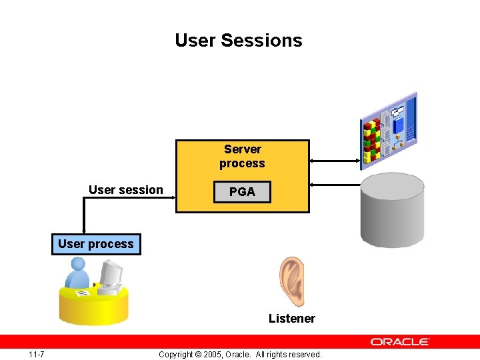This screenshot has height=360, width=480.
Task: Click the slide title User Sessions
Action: (x=239, y=41)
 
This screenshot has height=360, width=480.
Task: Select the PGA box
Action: (x=242, y=192)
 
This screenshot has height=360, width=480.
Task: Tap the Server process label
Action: (x=242, y=156)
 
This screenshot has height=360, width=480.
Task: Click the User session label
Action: (x=125, y=190)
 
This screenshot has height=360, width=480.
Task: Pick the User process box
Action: (x=96, y=244)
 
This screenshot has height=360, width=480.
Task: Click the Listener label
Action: (x=291, y=319)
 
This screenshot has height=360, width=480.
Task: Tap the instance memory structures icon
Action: (x=389, y=130)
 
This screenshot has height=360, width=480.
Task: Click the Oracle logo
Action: (x=400, y=341)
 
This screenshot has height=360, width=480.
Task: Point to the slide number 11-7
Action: (x=36, y=354)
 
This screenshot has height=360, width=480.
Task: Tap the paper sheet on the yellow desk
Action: (x=83, y=293)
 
